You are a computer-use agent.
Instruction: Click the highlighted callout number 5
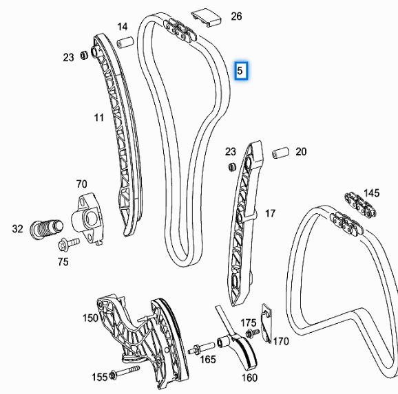(x=240, y=71)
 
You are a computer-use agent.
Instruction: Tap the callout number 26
(x=236, y=17)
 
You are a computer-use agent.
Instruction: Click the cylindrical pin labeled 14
(x=125, y=42)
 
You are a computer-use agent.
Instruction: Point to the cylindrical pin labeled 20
(x=280, y=153)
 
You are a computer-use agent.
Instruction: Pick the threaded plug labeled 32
(x=46, y=228)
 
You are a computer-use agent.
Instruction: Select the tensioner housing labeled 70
(x=87, y=218)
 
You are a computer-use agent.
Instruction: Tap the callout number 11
(x=99, y=118)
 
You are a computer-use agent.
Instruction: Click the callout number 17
(x=270, y=213)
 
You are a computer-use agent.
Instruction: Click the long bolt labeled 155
(x=125, y=372)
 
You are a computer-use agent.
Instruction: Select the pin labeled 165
(x=202, y=348)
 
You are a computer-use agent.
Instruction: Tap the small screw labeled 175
(x=252, y=333)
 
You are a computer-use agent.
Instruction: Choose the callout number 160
(x=249, y=377)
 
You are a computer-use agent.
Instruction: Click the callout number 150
(x=90, y=318)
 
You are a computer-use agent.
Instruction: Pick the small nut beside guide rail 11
(x=84, y=55)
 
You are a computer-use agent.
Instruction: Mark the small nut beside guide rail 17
(x=231, y=167)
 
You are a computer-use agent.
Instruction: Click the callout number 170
(x=281, y=341)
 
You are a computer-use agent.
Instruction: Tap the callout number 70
(x=82, y=184)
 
